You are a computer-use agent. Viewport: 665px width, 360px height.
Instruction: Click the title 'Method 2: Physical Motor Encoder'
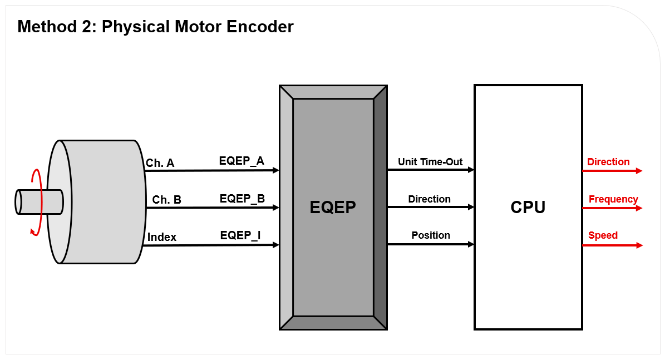coord(155,27)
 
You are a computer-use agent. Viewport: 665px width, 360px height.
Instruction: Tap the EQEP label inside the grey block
coord(333,207)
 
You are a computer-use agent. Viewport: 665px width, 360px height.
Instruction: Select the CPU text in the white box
coord(528,207)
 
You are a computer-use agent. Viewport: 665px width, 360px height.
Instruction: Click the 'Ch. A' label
coord(160,163)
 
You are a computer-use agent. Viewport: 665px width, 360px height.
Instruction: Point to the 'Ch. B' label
coord(166,200)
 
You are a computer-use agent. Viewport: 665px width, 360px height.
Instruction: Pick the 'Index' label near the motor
coord(162,237)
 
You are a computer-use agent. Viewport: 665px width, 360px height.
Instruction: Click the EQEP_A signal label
coord(242,161)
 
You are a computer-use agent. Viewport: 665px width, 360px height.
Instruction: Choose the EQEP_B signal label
coord(242,198)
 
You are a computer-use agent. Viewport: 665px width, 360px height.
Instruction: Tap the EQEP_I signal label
coord(240,235)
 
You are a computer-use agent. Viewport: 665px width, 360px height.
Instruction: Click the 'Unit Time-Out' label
coord(430,162)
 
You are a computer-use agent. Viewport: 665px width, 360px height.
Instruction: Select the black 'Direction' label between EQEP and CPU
coord(429,199)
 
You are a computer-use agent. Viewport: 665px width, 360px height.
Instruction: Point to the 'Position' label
coord(431,235)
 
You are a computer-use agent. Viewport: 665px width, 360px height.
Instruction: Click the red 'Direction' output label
coord(608,162)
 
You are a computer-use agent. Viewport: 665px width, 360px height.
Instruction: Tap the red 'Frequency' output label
coord(613,199)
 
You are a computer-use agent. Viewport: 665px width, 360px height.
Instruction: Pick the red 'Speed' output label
coord(603,235)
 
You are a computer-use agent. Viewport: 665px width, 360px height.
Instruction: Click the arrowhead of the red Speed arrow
coord(639,245)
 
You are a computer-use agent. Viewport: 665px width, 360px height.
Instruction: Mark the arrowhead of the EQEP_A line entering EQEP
coord(275,170)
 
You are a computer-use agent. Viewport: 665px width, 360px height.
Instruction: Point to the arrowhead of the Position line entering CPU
coord(471,244)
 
